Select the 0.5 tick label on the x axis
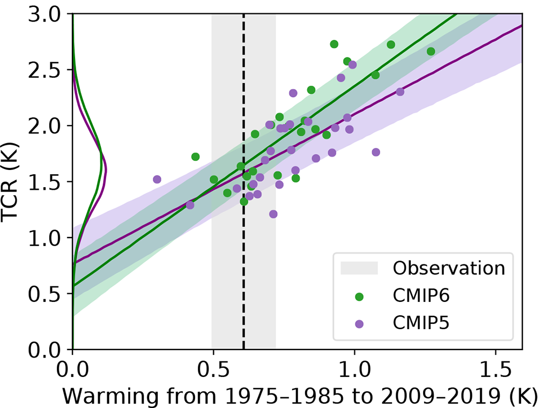pyautogui.click(x=213, y=371)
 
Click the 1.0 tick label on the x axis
pyautogui.click(x=354, y=371)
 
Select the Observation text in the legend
pyautogui.click(x=448, y=268)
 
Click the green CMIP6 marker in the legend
pyautogui.click(x=359, y=296)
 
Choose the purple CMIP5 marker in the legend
pyautogui.click(x=359, y=324)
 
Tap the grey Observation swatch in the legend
pyautogui.click(x=359, y=268)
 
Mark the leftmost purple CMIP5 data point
pyautogui.click(x=157, y=179)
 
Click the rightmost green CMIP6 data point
pyautogui.click(x=431, y=51)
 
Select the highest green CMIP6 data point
pyautogui.click(x=334, y=44)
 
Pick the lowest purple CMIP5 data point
pyautogui.click(x=273, y=214)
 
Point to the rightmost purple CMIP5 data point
pyautogui.click(x=400, y=92)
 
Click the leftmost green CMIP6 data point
pyautogui.click(x=195, y=157)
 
